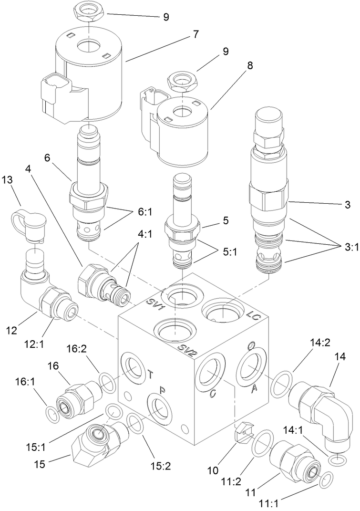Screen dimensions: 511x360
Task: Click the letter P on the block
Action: pos(162,390)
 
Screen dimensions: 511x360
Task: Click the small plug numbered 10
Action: pos(243,431)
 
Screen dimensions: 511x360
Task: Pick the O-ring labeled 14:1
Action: pos(337,459)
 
